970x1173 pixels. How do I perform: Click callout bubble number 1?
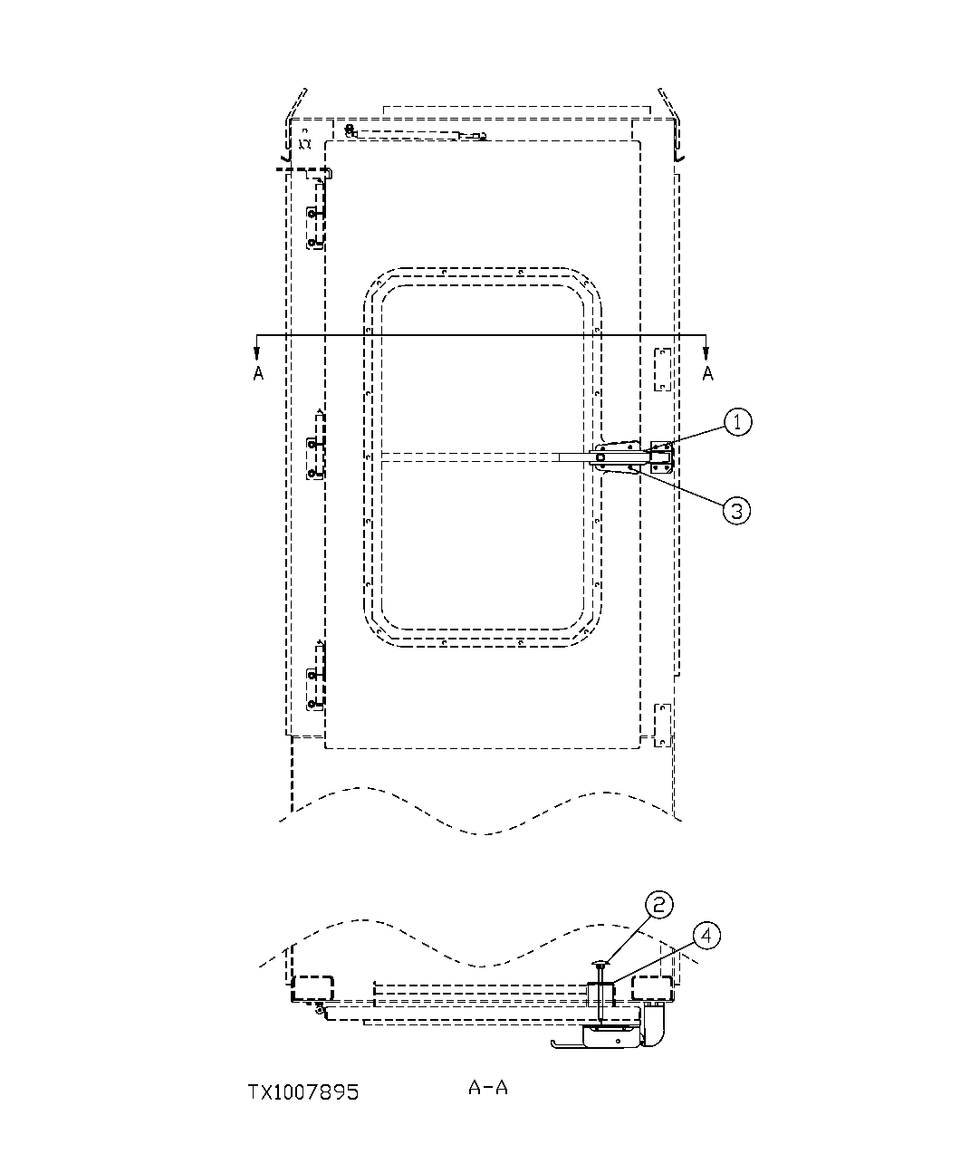click(x=738, y=421)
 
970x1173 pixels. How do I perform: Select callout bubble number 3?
click(x=736, y=510)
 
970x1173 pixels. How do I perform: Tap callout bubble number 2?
click(x=658, y=904)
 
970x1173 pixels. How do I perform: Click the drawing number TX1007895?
click(x=303, y=1092)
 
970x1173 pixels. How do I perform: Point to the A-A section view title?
click(x=487, y=1087)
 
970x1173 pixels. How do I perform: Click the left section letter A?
click(x=258, y=373)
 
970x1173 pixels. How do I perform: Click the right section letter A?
click(x=707, y=373)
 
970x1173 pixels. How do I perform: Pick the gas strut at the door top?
click(x=417, y=134)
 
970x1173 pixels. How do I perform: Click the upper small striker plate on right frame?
click(x=661, y=370)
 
